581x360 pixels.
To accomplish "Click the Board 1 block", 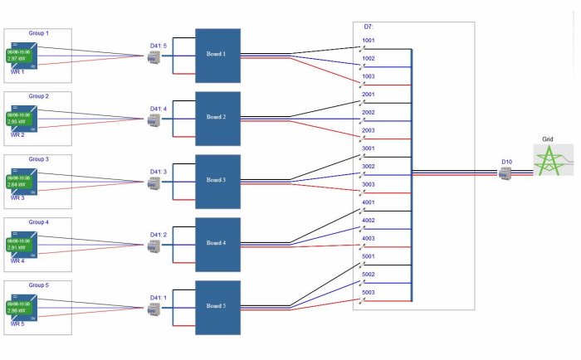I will click(217, 55).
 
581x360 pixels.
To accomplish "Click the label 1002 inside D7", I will click(369, 58).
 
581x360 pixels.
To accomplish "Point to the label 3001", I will click(369, 148).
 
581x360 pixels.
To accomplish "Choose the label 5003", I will click(369, 292).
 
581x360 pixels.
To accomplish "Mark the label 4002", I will click(369, 221).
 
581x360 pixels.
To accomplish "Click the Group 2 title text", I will click(38, 96).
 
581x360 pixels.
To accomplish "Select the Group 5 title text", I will click(38, 285).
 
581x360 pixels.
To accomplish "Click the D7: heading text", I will click(369, 27).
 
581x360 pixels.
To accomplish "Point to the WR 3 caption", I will click(17, 198).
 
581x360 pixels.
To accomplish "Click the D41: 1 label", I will click(159, 297).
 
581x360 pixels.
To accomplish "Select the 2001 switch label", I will click(369, 95).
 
